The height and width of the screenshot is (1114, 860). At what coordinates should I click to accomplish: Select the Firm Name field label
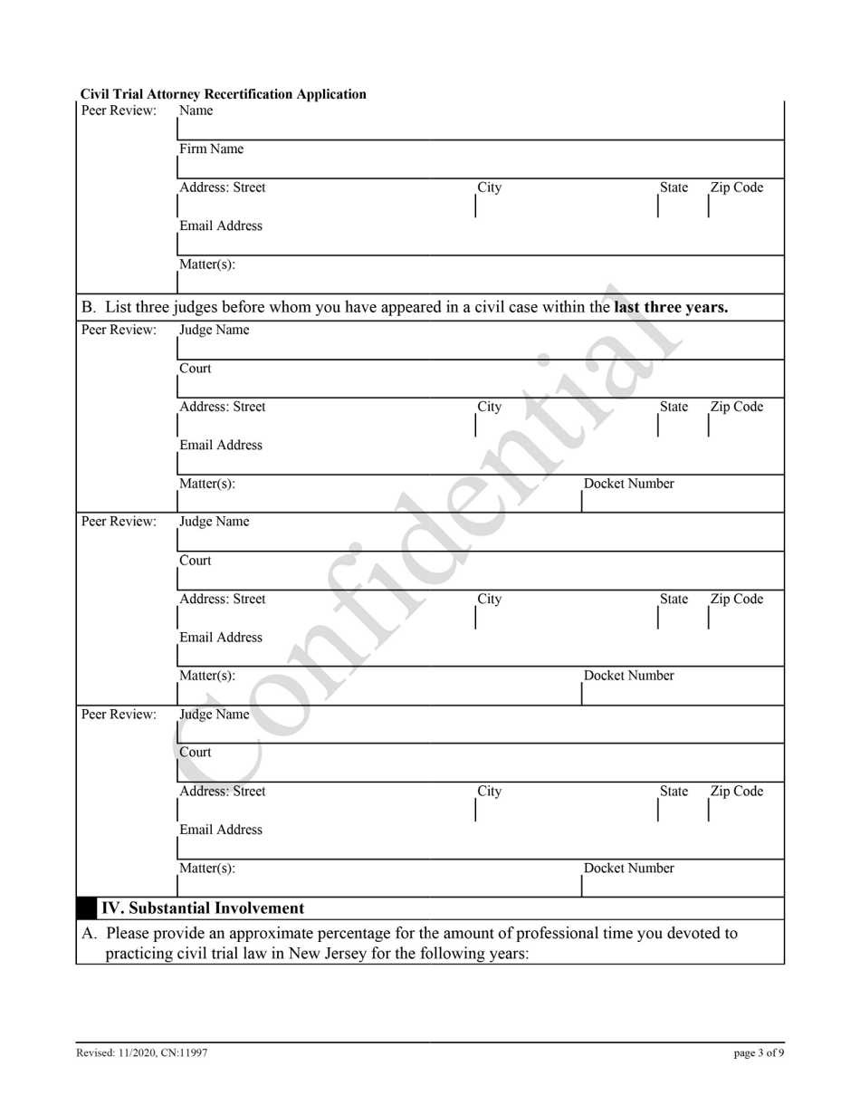pos(211,149)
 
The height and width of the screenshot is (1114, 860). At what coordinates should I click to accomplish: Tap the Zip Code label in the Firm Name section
pos(736,188)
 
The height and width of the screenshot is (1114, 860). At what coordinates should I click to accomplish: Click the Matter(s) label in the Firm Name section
pos(207,264)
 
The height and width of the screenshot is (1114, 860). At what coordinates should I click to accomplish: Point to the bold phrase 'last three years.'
pos(671,307)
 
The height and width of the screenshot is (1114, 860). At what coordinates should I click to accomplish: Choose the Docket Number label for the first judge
pos(629,484)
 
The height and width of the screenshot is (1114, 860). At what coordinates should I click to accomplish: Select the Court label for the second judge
pos(196,561)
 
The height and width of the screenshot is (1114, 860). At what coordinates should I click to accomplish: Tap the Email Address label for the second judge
pos(221,638)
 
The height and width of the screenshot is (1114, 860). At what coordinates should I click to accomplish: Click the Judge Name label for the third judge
pos(214,715)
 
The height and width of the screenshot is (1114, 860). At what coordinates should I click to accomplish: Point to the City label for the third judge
pos(490,792)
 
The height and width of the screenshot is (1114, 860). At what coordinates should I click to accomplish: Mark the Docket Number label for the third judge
pos(629,869)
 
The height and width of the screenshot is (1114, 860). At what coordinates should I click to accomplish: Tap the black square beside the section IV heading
pos(87,908)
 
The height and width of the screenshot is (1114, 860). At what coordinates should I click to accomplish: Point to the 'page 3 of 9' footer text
pos(759,1053)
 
